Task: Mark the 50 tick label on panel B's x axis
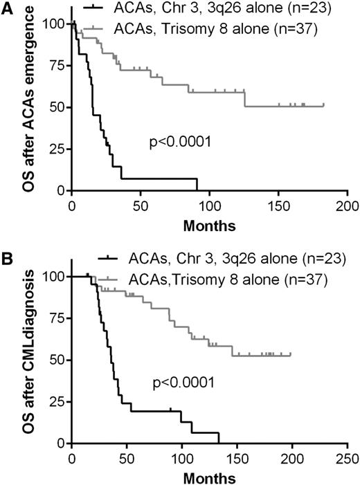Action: click(x=127, y=460)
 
